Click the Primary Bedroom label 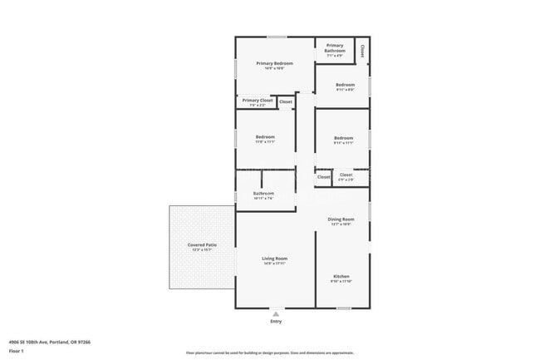pyautogui.click(x=274, y=63)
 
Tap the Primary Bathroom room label pyautogui.click(x=335, y=48)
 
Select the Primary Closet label pyautogui.click(x=258, y=101)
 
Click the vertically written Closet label pyautogui.click(x=361, y=51)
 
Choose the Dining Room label pyautogui.click(x=341, y=219)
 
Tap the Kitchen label pyautogui.click(x=341, y=276)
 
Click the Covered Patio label pyautogui.click(x=202, y=245)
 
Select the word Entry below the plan pyautogui.click(x=276, y=322)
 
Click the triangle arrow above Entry pyautogui.click(x=276, y=313)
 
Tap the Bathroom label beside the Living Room pyautogui.click(x=263, y=194)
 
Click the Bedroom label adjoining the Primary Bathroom pyautogui.click(x=345, y=85)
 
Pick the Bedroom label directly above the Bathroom pyautogui.click(x=265, y=137)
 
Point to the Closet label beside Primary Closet pyautogui.click(x=285, y=102)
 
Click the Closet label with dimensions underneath pyautogui.click(x=346, y=175)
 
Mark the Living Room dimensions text pyautogui.click(x=274, y=264)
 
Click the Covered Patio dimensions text pyautogui.click(x=202, y=250)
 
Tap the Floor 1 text pyautogui.click(x=17, y=352)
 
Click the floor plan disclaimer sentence pyautogui.click(x=269, y=353)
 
